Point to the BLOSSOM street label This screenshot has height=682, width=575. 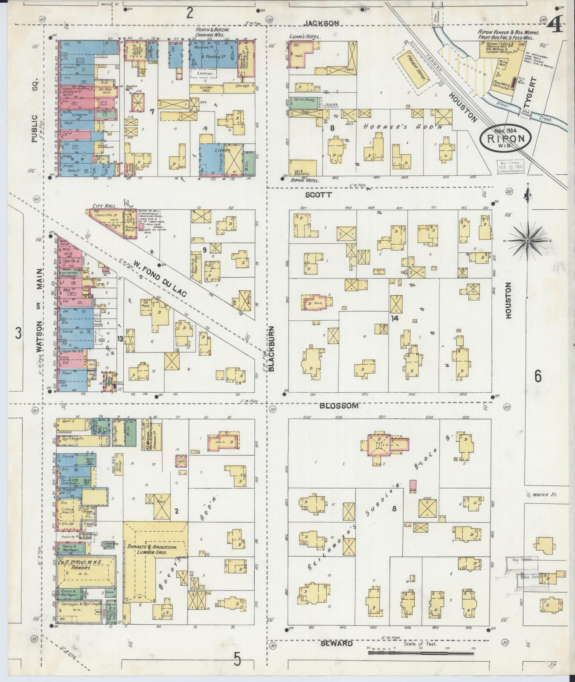click(339, 405)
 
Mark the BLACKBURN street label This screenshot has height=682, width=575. click(272, 349)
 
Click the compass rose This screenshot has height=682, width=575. click(528, 240)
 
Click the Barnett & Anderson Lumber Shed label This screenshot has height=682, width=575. click(155, 550)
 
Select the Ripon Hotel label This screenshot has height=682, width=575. click(306, 180)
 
